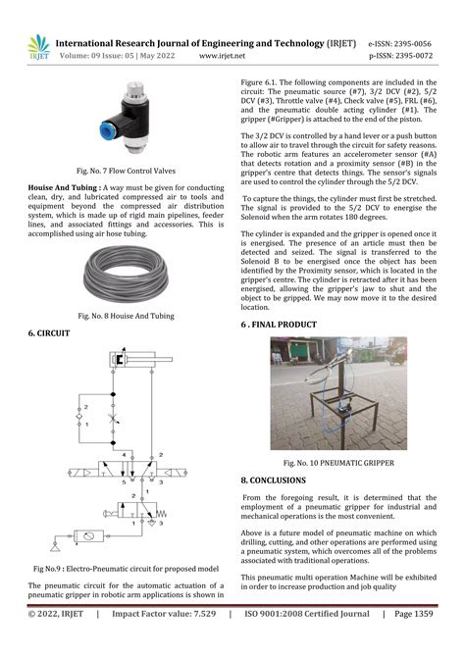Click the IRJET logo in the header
click(37, 47)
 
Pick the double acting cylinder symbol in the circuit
click(137, 361)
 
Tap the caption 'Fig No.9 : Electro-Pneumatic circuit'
click(125, 569)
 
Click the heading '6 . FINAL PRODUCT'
click(279, 324)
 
